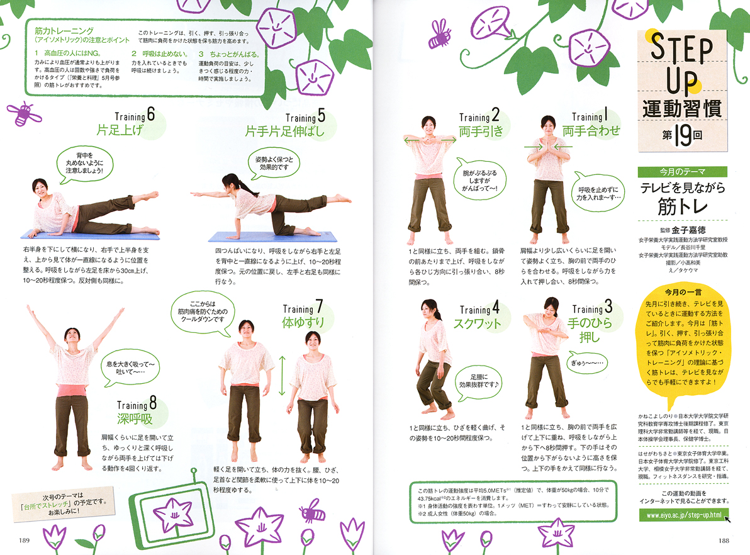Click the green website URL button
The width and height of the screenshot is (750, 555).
point(683,515)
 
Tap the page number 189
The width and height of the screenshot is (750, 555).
point(25,540)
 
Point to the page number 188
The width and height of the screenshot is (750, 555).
point(724,540)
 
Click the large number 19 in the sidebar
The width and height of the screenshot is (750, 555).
point(683,136)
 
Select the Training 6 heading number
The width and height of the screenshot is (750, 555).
point(150,115)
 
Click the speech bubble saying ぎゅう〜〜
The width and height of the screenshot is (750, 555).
point(587,363)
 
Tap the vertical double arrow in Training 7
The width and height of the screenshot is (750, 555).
point(283,376)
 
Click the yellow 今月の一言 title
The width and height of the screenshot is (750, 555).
point(683,292)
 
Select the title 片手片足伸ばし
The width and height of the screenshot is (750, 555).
point(284,131)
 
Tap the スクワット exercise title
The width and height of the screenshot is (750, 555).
point(477,323)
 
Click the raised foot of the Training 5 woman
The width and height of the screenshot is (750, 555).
point(343,198)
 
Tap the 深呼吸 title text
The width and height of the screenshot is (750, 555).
point(135,419)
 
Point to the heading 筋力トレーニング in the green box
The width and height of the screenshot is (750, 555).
point(64,31)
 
